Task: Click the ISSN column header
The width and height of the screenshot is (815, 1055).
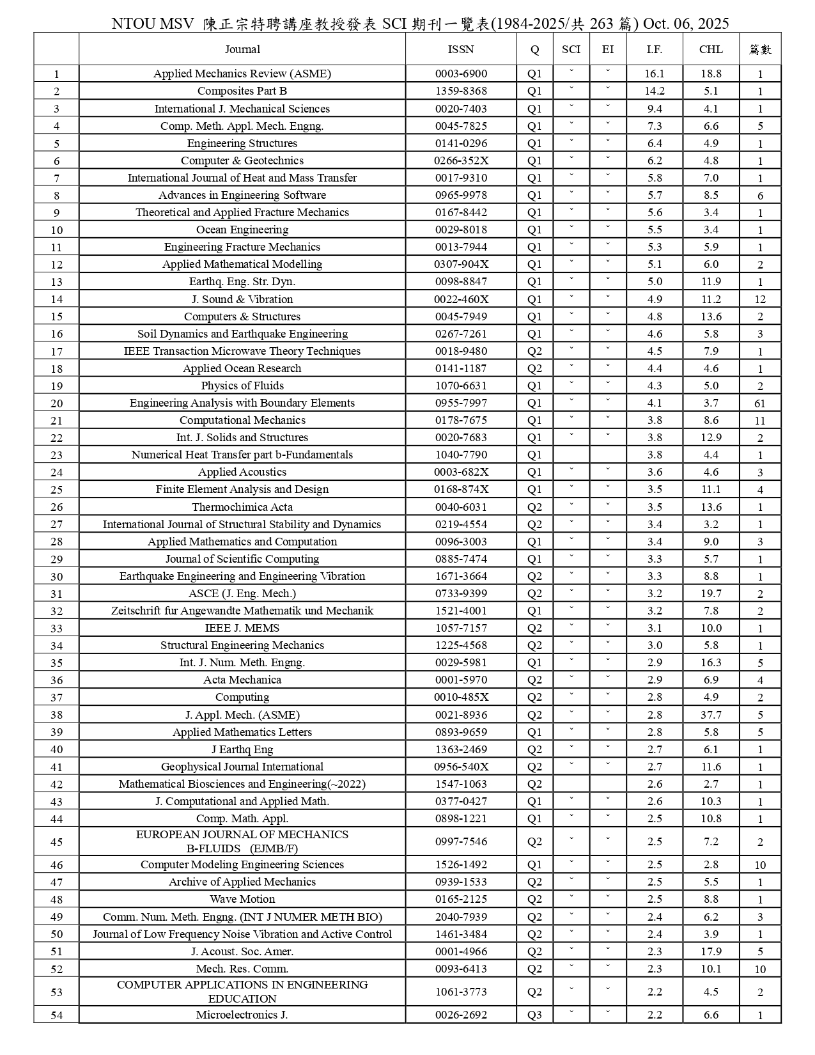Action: point(461,49)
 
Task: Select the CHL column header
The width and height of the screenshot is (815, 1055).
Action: point(711,49)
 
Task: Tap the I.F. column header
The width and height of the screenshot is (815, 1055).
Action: point(654,49)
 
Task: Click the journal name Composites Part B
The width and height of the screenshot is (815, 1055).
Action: point(242,91)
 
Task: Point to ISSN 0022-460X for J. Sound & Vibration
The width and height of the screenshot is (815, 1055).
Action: point(461,299)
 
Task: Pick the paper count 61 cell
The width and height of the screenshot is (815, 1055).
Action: point(759,403)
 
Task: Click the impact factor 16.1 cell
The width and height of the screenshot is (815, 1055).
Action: point(654,74)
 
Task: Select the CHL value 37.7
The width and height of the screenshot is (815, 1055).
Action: point(711,715)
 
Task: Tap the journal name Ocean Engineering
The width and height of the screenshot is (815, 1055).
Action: point(242,230)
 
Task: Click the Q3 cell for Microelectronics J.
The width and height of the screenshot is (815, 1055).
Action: point(534,1015)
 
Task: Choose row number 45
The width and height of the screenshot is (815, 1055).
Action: point(56,842)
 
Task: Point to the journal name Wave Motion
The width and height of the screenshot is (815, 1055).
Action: point(242,899)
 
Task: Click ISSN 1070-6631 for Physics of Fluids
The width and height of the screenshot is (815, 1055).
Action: point(461,386)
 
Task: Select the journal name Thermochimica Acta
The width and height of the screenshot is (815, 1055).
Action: point(242,507)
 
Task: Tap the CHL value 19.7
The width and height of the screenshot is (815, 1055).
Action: point(711,593)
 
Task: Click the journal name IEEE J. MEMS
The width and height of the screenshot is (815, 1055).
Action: point(242,628)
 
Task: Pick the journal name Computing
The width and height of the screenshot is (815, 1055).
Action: point(242,697)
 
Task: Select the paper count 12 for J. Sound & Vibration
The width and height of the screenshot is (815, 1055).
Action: point(759,299)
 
